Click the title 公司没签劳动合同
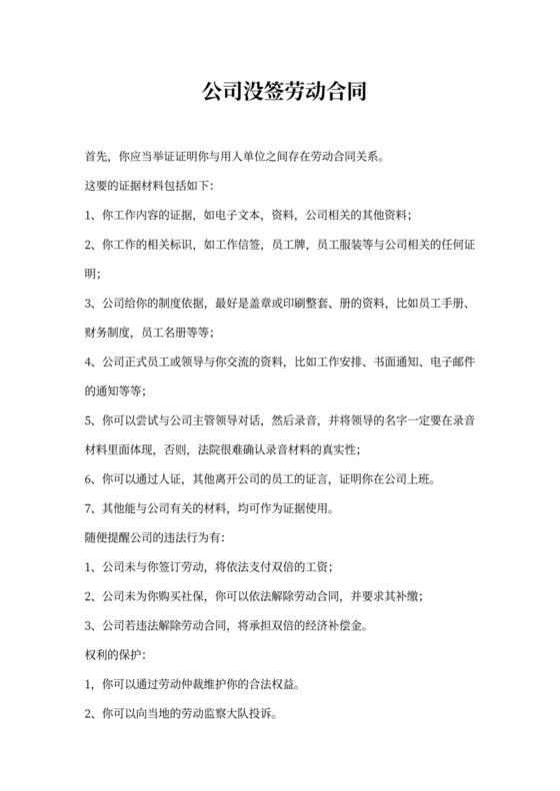[x=280, y=93]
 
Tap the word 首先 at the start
[x=97, y=157]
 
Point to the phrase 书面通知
[x=390, y=360]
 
